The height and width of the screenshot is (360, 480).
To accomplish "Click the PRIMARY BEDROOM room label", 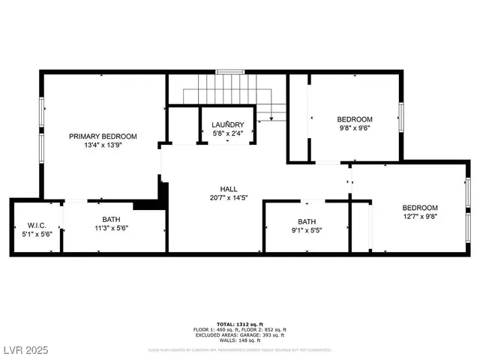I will [x=103, y=136].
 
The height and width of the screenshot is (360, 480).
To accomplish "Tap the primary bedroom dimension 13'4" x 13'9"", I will [x=103, y=145].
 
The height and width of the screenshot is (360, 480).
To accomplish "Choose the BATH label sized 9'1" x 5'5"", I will [x=307, y=221].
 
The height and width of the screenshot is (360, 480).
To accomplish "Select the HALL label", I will [x=229, y=189].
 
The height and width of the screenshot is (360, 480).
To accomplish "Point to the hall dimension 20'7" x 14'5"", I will [x=229, y=199].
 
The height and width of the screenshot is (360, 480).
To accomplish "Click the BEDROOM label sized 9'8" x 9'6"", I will [x=354, y=119].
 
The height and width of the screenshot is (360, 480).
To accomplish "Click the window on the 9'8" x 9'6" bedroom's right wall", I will [x=401, y=117].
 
